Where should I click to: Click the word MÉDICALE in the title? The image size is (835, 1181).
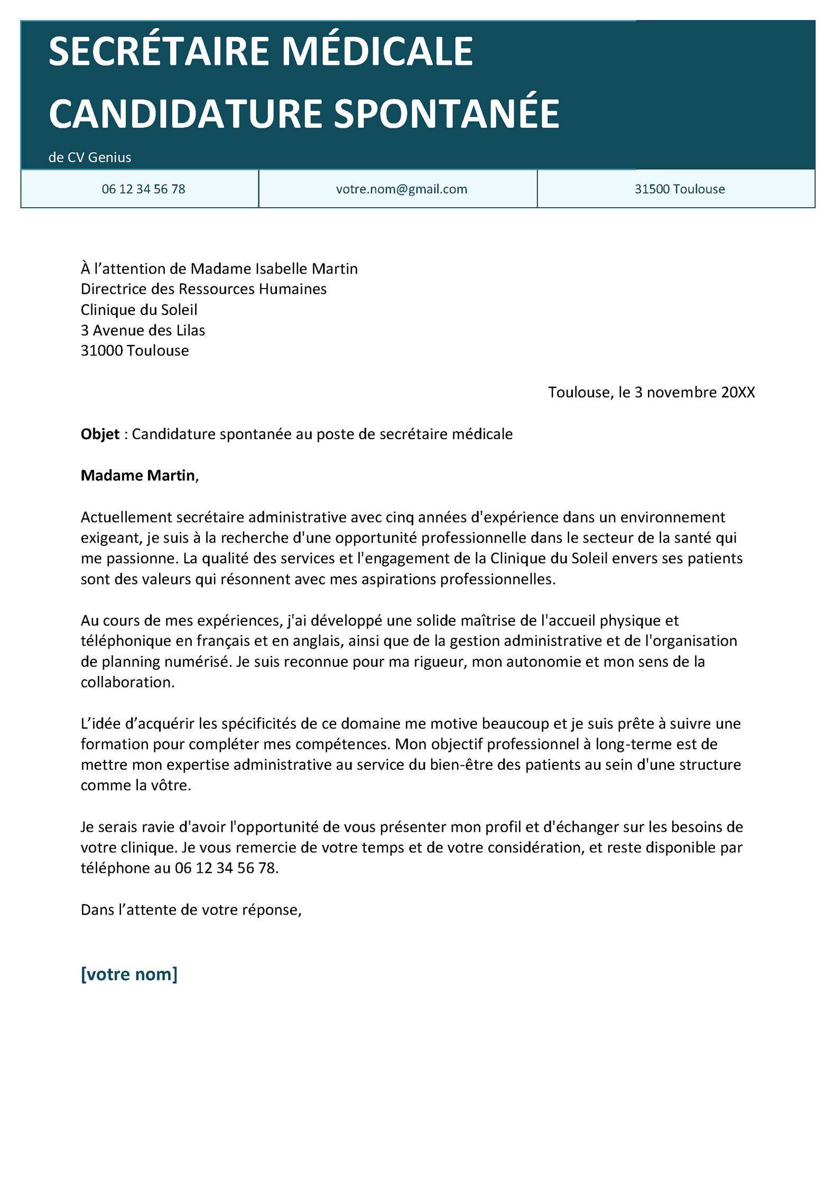377,52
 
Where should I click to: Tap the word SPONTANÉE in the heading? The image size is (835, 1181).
447,114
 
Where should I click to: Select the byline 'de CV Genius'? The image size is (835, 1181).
90,157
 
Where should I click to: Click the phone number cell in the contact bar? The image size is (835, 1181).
143,189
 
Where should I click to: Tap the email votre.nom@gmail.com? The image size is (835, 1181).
401,189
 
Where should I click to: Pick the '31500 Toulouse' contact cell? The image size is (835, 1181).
679,189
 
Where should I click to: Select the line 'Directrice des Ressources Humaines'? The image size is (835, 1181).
203,290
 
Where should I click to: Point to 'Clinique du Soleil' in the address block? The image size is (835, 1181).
138,310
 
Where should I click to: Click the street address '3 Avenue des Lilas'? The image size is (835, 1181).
143,331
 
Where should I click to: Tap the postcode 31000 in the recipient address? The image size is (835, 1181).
101,351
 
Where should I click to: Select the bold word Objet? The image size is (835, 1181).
100,434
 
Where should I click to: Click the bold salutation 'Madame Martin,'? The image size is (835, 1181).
140,476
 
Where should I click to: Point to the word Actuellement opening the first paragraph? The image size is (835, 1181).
126,517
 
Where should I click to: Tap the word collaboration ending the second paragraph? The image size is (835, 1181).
127,682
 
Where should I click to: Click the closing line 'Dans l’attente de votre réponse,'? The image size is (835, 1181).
191,910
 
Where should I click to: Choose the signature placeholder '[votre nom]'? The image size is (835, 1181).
129,974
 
